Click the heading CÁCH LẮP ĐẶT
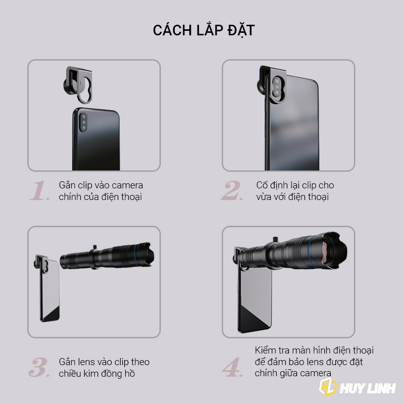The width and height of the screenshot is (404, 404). coord(204,30)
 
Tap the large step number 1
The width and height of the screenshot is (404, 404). coord(39,190)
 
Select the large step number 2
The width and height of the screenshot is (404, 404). coord(232,190)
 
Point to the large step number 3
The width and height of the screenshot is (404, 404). coord(39,367)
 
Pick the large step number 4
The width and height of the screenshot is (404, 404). coord(232,367)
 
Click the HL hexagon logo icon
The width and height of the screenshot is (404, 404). coord(328,387)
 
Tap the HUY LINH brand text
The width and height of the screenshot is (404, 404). coord(368,388)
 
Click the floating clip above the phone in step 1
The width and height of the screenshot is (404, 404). coord(78,85)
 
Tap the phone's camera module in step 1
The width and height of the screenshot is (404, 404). coord(83,122)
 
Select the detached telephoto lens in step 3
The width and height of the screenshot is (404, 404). coord(107,256)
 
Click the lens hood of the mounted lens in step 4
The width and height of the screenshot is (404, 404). coord(332,250)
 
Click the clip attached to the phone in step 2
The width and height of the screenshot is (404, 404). coord(272,84)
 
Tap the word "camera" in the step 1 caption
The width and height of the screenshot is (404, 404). coord(127,185)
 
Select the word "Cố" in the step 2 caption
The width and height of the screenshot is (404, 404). coord(262,185)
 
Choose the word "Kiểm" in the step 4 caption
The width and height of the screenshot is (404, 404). coord(267,350)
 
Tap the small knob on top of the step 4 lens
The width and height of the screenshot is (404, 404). coord(275,239)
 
